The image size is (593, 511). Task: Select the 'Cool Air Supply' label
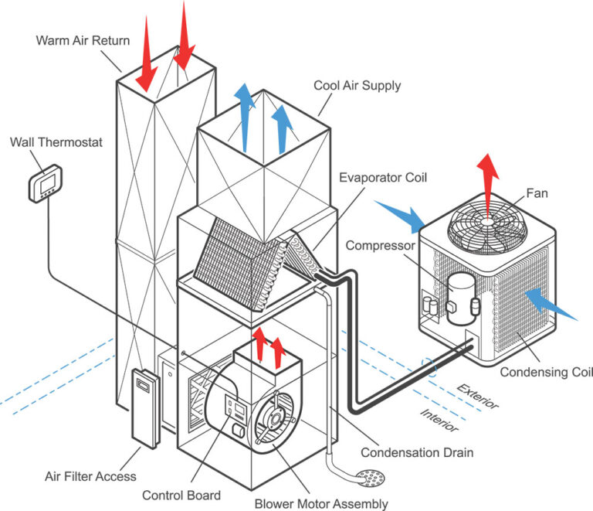(x=357, y=85)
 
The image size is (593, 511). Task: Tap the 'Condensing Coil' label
(x=545, y=373)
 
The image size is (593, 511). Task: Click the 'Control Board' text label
(x=181, y=495)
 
